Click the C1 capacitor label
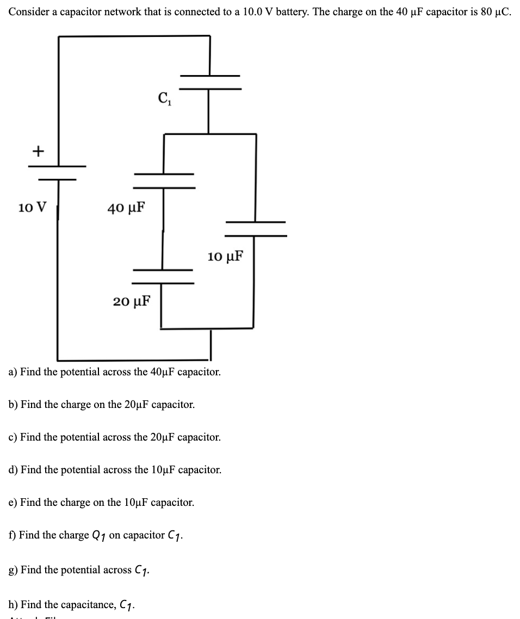pyautogui.click(x=164, y=100)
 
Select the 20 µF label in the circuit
pyautogui.click(x=132, y=301)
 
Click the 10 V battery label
pyautogui.click(x=32, y=208)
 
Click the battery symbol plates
pyautogui.click(x=57, y=172)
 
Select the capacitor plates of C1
pyautogui.click(x=210, y=82)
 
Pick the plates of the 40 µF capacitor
pyautogui.click(x=164, y=181)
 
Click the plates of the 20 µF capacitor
pyautogui.click(x=163, y=276)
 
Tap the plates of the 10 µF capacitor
pyautogui.click(x=256, y=228)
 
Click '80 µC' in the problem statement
pyautogui.click(x=497, y=13)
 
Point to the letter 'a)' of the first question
pyautogui.click(x=13, y=373)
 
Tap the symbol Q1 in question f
pyautogui.click(x=98, y=536)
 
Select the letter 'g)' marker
pyautogui.click(x=13, y=570)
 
